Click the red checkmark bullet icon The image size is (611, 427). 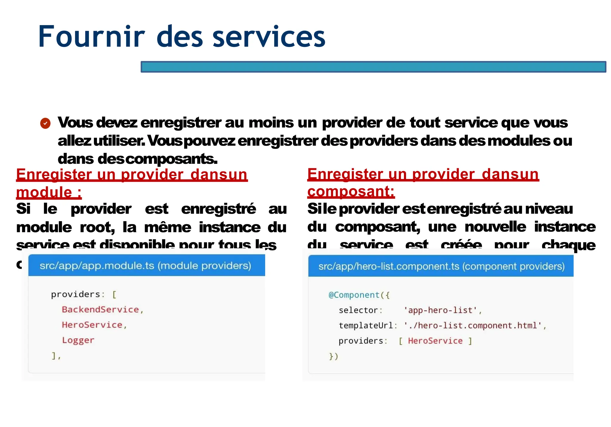[x=45, y=123]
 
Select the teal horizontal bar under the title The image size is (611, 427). [x=373, y=67]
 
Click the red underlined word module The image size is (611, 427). [x=44, y=192]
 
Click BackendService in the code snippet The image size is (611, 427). [x=100, y=309]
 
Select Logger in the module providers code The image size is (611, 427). [x=78, y=340]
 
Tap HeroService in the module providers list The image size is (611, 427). [x=92, y=325]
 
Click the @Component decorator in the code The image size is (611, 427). [x=354, y=295]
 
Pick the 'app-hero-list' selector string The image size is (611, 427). [x=440, y=310]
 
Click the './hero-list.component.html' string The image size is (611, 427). [x=473, y=326]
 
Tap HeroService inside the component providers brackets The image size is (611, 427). [x=435, y=341]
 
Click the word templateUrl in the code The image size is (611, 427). [x=366, y=326]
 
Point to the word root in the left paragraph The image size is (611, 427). [x=97, y=228]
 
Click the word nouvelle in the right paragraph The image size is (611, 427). [x=495, y=227]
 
